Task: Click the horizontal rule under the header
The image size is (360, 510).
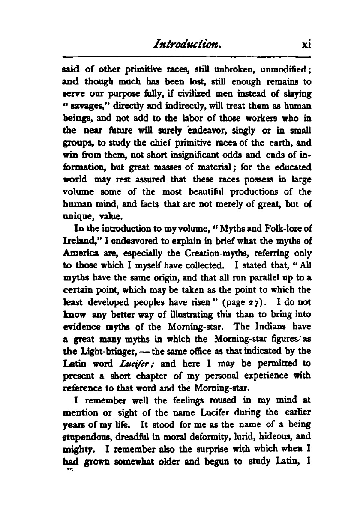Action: coord(186,57)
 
